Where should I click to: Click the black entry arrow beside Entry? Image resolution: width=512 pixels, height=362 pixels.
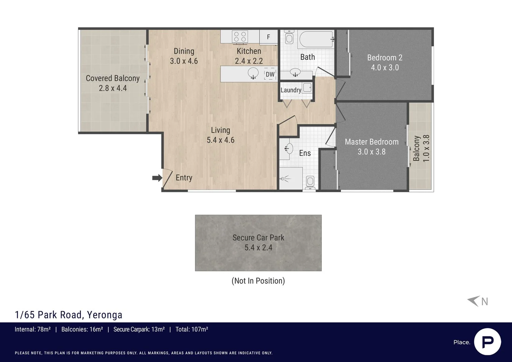[x=157, y=178]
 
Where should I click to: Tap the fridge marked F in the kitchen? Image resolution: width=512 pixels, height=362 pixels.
[x=269, y=37]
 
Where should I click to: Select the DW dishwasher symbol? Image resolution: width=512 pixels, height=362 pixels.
[x=270, y=74]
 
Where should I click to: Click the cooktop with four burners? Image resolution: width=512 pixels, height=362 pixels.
[x=240, y=37]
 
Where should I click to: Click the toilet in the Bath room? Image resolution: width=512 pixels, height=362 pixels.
[x=289, y=37]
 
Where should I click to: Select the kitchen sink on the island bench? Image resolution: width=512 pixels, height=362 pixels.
[x=253, y=73]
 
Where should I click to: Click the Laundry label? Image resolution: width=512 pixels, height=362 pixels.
[x=291, y=90]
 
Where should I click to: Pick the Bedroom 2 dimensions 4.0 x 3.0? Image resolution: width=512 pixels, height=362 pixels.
[x=385, y=68]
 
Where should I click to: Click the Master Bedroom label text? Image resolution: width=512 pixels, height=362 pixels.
[x=372, y=142]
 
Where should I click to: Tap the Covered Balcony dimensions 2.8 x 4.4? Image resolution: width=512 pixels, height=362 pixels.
[x=113, y=88]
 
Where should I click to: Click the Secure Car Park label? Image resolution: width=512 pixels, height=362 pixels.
[x=258, y=238]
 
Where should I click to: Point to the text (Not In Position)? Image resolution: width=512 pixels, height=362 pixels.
[x=258, y=281]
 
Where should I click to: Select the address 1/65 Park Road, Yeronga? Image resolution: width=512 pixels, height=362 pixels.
[x=69, y=315]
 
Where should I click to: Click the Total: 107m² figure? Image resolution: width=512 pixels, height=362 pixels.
[x=192, y=329]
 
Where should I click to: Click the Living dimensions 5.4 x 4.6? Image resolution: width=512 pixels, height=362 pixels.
[x=221, y=140]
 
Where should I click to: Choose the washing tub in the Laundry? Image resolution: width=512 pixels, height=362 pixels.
[x=307, y=87]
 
